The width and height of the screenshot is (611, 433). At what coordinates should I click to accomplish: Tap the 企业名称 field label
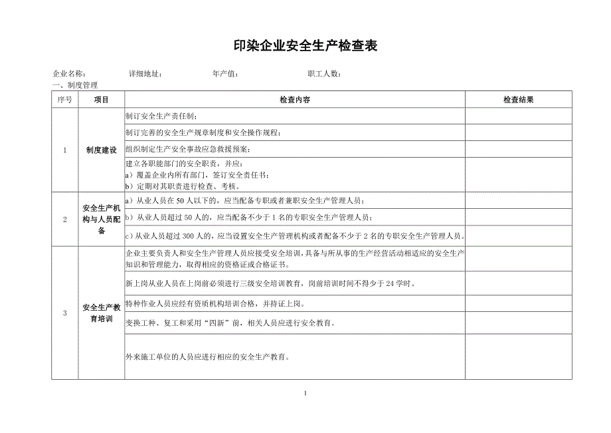[68, 74]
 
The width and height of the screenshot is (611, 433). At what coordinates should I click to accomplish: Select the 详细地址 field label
[145, 74]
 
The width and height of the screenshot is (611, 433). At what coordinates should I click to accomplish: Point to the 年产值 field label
[225, 74]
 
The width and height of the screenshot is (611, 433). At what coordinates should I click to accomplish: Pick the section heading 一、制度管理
[74, 85]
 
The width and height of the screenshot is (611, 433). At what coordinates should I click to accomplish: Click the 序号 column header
[64, 99]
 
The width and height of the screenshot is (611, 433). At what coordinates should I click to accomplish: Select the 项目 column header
[101, 99]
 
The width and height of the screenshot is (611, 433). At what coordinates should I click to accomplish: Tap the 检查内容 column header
[294, 99]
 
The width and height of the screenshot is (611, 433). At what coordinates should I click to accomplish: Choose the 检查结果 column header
[518, 99]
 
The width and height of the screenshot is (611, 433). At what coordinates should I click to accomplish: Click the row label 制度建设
[101, 150]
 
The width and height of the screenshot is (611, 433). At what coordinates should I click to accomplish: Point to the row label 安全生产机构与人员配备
[101, 219]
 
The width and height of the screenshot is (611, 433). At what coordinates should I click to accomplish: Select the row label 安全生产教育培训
[101, 313]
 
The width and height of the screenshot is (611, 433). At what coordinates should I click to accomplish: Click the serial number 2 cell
[64, 219]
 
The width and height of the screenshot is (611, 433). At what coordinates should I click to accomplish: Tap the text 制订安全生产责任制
[157, 116]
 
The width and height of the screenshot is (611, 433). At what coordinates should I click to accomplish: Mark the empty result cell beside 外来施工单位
[518, 357]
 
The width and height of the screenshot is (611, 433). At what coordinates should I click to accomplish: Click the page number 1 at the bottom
[305, 392]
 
